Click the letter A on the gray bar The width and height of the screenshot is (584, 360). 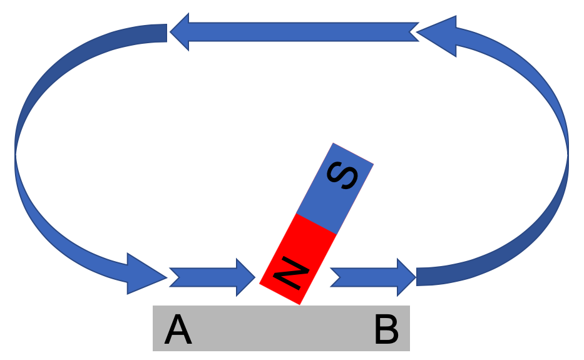tap(178, 330)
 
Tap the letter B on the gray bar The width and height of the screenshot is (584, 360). tap(386, 330)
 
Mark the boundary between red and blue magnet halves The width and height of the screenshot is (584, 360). tap(316, 224)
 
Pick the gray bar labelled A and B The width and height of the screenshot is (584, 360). tap(281, 328)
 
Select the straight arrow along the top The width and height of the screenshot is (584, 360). tap(294, 32)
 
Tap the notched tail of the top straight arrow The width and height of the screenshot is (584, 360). tap(414, 32)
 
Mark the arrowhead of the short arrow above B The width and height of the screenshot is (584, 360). tap(406, 276)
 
